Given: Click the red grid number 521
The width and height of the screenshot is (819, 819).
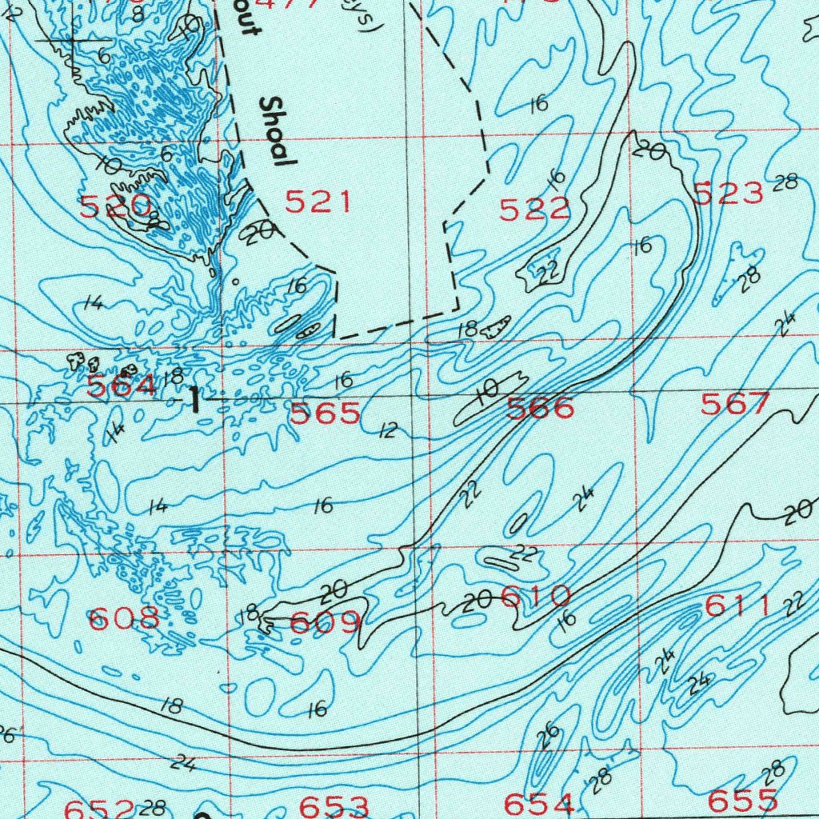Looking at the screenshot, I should (x=318, y=202).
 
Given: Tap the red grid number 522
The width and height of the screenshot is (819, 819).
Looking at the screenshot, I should (x=534, y=210).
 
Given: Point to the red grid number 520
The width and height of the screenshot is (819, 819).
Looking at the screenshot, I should (x=116, y=206).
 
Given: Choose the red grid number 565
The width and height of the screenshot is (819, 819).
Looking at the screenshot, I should (x=325, y=413).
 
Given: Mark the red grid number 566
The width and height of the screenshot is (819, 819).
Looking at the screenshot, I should (x=541, y=409).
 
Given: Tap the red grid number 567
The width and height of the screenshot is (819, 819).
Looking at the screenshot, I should (x=735, y=405).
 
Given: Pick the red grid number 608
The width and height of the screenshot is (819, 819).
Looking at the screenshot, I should (x=124, y=618).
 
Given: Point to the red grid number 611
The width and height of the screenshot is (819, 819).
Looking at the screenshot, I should (x=737, y=607).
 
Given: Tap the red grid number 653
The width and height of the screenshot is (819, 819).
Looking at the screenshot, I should (x=334, y=805).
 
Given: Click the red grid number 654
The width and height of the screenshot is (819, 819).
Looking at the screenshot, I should (x=539, y=803).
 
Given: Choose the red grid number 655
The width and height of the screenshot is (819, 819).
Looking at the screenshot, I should (x=743, y=800).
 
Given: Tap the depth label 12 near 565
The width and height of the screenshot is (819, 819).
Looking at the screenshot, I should (x=388, y=431).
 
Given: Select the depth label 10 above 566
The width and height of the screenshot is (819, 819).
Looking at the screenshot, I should (x=486, y=390).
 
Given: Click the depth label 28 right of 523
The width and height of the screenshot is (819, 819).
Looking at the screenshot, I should (x=785, y=182).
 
